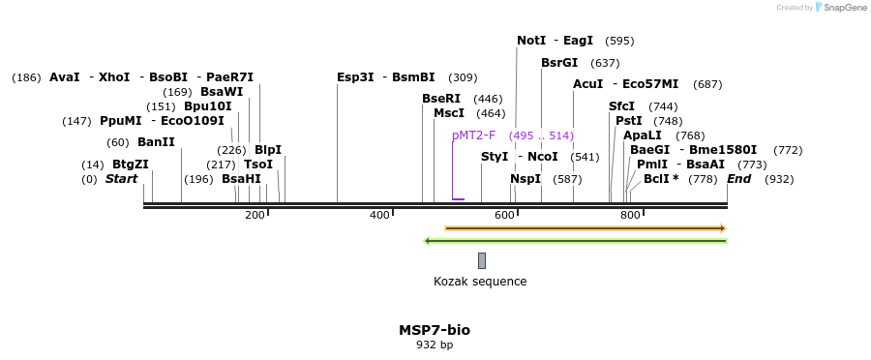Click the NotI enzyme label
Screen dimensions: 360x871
(531, 41)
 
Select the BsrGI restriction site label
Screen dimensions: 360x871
(559, 63)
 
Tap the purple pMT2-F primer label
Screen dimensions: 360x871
(473, 135)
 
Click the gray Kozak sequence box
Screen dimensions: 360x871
(482, 260)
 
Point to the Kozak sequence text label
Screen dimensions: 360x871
(480, 282)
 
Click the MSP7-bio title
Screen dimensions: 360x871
(435, 330)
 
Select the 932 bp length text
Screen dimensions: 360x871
(435, 345)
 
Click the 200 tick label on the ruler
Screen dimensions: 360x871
(255, 215)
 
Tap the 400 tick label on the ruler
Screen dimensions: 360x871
(379, 215)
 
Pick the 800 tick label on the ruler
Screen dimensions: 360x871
(629, 215)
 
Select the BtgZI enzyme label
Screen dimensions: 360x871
(131, 165)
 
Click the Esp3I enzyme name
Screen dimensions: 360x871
(355, 77)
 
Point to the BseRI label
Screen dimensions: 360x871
(441, 99)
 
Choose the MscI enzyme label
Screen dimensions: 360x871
(449, 113)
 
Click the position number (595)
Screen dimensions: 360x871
(619, 41)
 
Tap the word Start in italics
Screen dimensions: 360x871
(122, 179)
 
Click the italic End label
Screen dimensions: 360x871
(738, 179)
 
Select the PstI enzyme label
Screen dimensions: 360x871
(629, 121)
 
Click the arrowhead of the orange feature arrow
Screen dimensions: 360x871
(722, 228)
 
